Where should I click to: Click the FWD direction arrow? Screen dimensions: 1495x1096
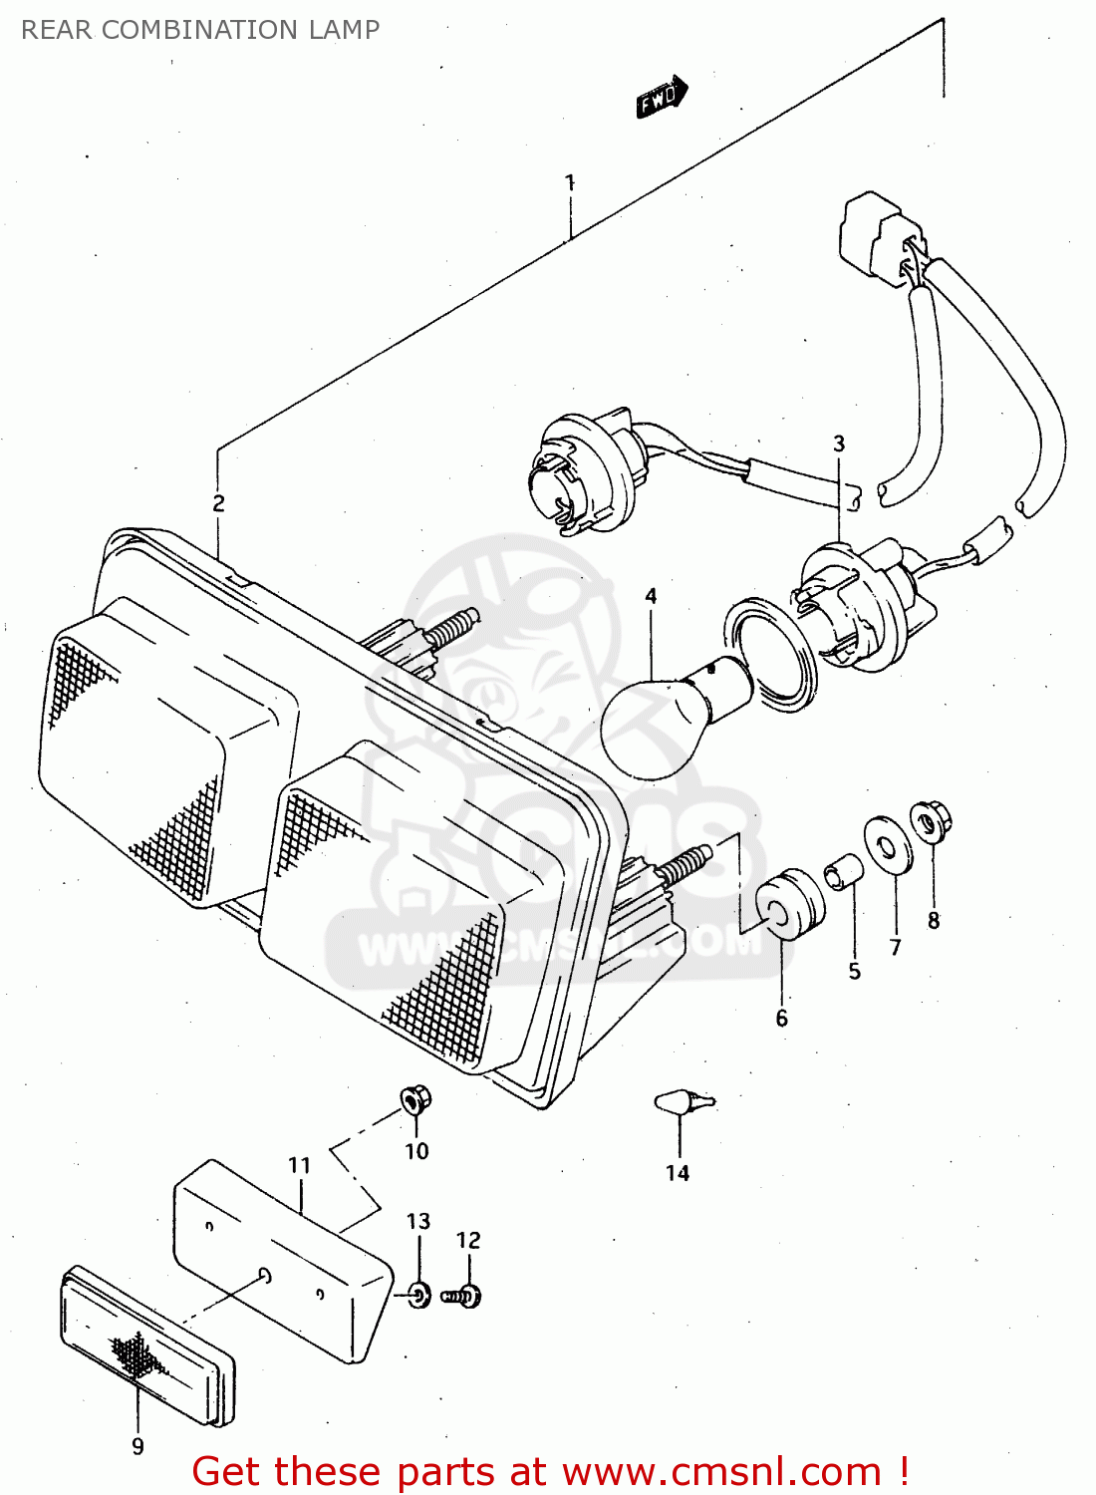(662, 97)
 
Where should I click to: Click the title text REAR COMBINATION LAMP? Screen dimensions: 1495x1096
(200, 30)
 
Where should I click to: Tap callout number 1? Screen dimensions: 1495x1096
(570, 182)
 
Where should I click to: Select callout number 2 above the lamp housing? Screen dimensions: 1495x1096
(218, 503)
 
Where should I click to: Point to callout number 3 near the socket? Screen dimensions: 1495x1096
(839, 444)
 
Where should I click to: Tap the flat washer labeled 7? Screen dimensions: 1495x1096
(885, 845)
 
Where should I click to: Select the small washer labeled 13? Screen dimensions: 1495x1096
(419, 1295)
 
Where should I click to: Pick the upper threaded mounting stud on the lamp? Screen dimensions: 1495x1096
(450, 628)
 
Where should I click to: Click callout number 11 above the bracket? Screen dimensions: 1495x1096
(299, 1165)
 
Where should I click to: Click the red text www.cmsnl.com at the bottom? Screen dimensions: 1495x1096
(720, 1472)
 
